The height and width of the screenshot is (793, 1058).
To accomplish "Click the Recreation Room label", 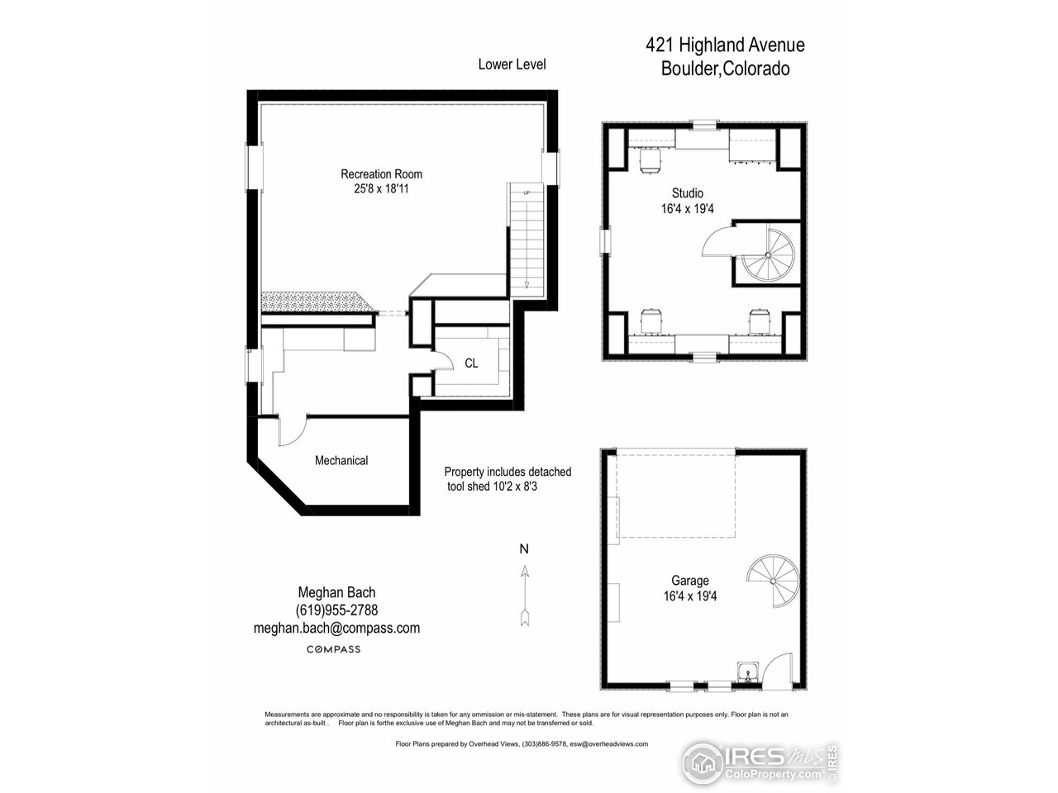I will [x=381, y=173].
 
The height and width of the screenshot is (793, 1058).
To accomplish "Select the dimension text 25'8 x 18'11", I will [x=381, y=188].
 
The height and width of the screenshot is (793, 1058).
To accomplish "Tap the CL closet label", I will [x=471, y=363].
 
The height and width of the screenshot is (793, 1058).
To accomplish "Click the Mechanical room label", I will [x=341, y=460].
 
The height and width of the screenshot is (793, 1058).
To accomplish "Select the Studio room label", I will [x=687, y=193].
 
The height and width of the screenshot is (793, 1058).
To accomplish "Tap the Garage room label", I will [x=689, y=581].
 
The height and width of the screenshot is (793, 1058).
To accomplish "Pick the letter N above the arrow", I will [x=524, y=548].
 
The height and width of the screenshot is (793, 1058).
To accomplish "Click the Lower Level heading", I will [x=512, y=64].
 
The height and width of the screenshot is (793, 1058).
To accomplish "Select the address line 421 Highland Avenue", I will [x=725, y=45].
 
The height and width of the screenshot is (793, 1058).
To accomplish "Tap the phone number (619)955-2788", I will [x=336, y=610].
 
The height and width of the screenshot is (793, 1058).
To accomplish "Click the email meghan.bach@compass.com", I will [x=336, y=628].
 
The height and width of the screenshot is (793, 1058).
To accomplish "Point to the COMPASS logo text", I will [x=333, y=649].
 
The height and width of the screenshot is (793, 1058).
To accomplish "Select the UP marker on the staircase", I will [x=526, y=192].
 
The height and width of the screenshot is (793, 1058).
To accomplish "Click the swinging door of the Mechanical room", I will [x=291, y=430].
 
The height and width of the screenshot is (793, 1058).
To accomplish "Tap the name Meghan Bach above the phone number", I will [x=336, y=592].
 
